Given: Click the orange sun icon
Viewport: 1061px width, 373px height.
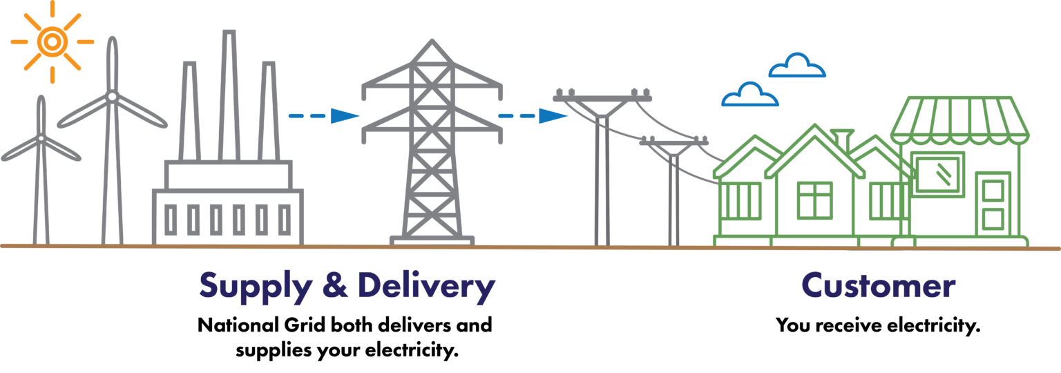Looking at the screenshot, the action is pyautogui.click(x=52, y=41).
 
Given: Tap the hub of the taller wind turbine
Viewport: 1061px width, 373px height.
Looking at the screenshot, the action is pyautogui.click(x=112, y=97).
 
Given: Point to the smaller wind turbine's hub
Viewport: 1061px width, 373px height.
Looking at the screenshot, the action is pyautogui.click(x=41, y=138).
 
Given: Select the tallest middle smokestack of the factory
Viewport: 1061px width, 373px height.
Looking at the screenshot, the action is pyautogui.click(x=229, y=95).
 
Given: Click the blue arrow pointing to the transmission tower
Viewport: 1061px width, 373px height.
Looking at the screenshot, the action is pyautogui.click(x=324, y=115).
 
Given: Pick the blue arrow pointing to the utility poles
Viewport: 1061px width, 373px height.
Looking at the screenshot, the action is pyautogui.click(x=533, y=115).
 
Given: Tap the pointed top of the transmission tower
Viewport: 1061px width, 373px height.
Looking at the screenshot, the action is pyautogui.click(x=432, y=41).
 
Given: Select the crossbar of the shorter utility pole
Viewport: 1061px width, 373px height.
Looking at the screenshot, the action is pyautogui.click(x=673, y=141).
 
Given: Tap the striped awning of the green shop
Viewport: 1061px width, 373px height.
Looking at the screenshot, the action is pyautogui.click(x=959, y=120).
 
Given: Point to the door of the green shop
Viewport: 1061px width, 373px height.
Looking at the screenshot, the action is pyautogui.click(x=993, y=204).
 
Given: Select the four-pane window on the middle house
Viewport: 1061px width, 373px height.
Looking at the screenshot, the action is pyautogui.click(x=814, y=200).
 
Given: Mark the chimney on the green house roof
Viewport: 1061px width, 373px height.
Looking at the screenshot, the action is pyautogui.click(x=842, y=139).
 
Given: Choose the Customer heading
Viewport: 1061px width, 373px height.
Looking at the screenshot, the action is pyautogui.click(x=878, y=285).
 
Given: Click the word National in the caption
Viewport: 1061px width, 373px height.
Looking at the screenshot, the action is pyautogui.click(x=238, y=325).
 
